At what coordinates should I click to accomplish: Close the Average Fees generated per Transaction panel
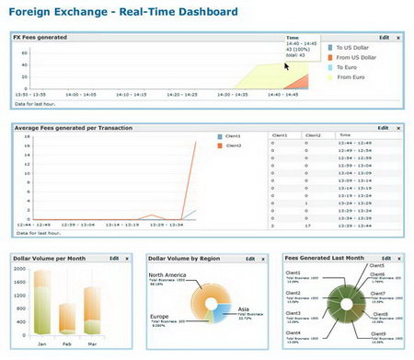[398, 128]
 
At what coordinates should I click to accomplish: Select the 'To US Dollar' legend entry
[351, 46]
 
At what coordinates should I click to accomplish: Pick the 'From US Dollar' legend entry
[353, 57]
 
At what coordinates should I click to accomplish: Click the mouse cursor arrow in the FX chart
[287, 65]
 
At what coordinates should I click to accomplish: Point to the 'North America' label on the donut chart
[168, 274]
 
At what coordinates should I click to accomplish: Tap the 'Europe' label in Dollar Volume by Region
[160, 314]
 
